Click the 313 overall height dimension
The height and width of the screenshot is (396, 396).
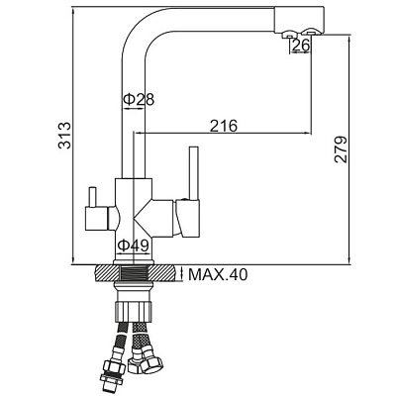click(64, 136)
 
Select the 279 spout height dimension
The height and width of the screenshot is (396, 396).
click(341, 148)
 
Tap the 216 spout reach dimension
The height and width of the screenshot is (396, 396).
click(224, 126)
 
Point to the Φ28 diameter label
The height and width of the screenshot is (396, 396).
click(139, 99)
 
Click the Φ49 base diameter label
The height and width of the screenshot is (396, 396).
click(134, 246)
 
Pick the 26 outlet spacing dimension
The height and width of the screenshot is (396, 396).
click(301, 46)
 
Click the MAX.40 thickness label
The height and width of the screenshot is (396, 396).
click(218, 274)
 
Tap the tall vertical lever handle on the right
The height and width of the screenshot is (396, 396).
click(194, 172)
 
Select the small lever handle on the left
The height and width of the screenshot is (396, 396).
click(93, 197)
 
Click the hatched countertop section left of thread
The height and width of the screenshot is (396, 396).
click(107, 273)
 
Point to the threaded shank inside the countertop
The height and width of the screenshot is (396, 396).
click(134, 273)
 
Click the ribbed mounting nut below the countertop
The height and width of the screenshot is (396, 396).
click(134, 310)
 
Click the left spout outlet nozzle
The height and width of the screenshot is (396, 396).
click(289, 35)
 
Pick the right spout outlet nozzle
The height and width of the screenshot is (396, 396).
click(311, 33)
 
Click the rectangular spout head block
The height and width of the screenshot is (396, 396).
click(299, 20)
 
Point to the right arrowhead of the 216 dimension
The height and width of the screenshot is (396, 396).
click(308, 133)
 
